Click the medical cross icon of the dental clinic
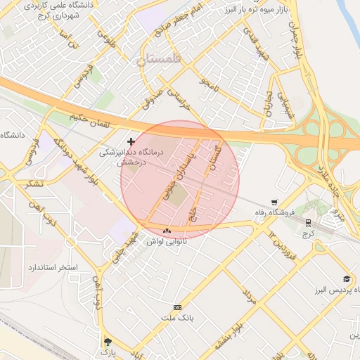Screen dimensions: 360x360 (131, 142)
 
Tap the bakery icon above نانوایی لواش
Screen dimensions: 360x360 (167, 231)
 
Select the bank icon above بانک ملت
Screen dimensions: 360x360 (176, 307)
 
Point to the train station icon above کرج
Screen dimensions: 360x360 (309, 223)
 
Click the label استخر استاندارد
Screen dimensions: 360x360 (53, 269)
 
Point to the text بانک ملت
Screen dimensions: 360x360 (176, 319)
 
